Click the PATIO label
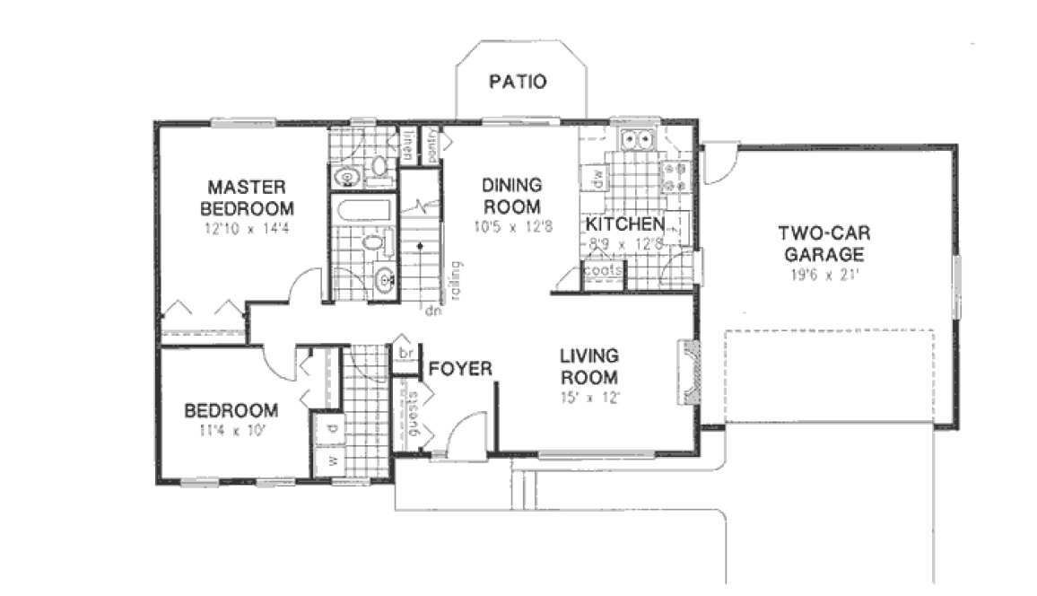coord(518,82)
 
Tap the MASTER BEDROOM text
coord(247,197)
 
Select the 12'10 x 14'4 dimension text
coord(247,229)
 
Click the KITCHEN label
coord(625,223)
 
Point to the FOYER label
coord(460,369)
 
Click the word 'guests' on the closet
coord(414,416)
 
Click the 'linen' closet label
coord(408,144)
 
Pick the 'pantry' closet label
coord(432,144)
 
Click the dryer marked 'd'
coord(330,428)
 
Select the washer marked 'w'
coord(329,461)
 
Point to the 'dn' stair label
coord(431,312)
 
